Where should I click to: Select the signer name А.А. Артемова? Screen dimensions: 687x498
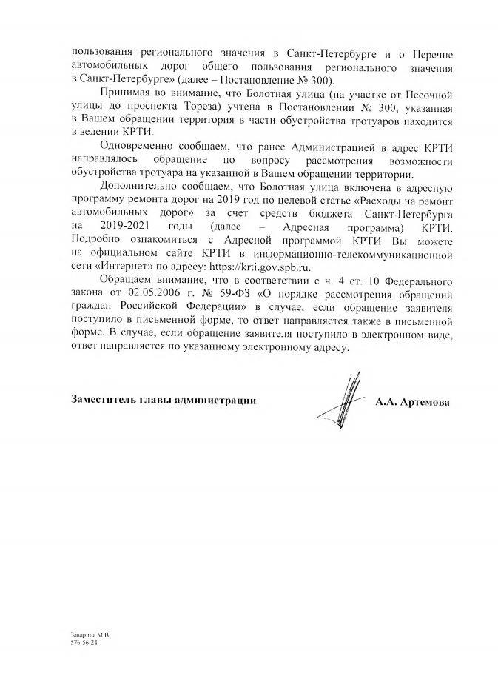[411, 402]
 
